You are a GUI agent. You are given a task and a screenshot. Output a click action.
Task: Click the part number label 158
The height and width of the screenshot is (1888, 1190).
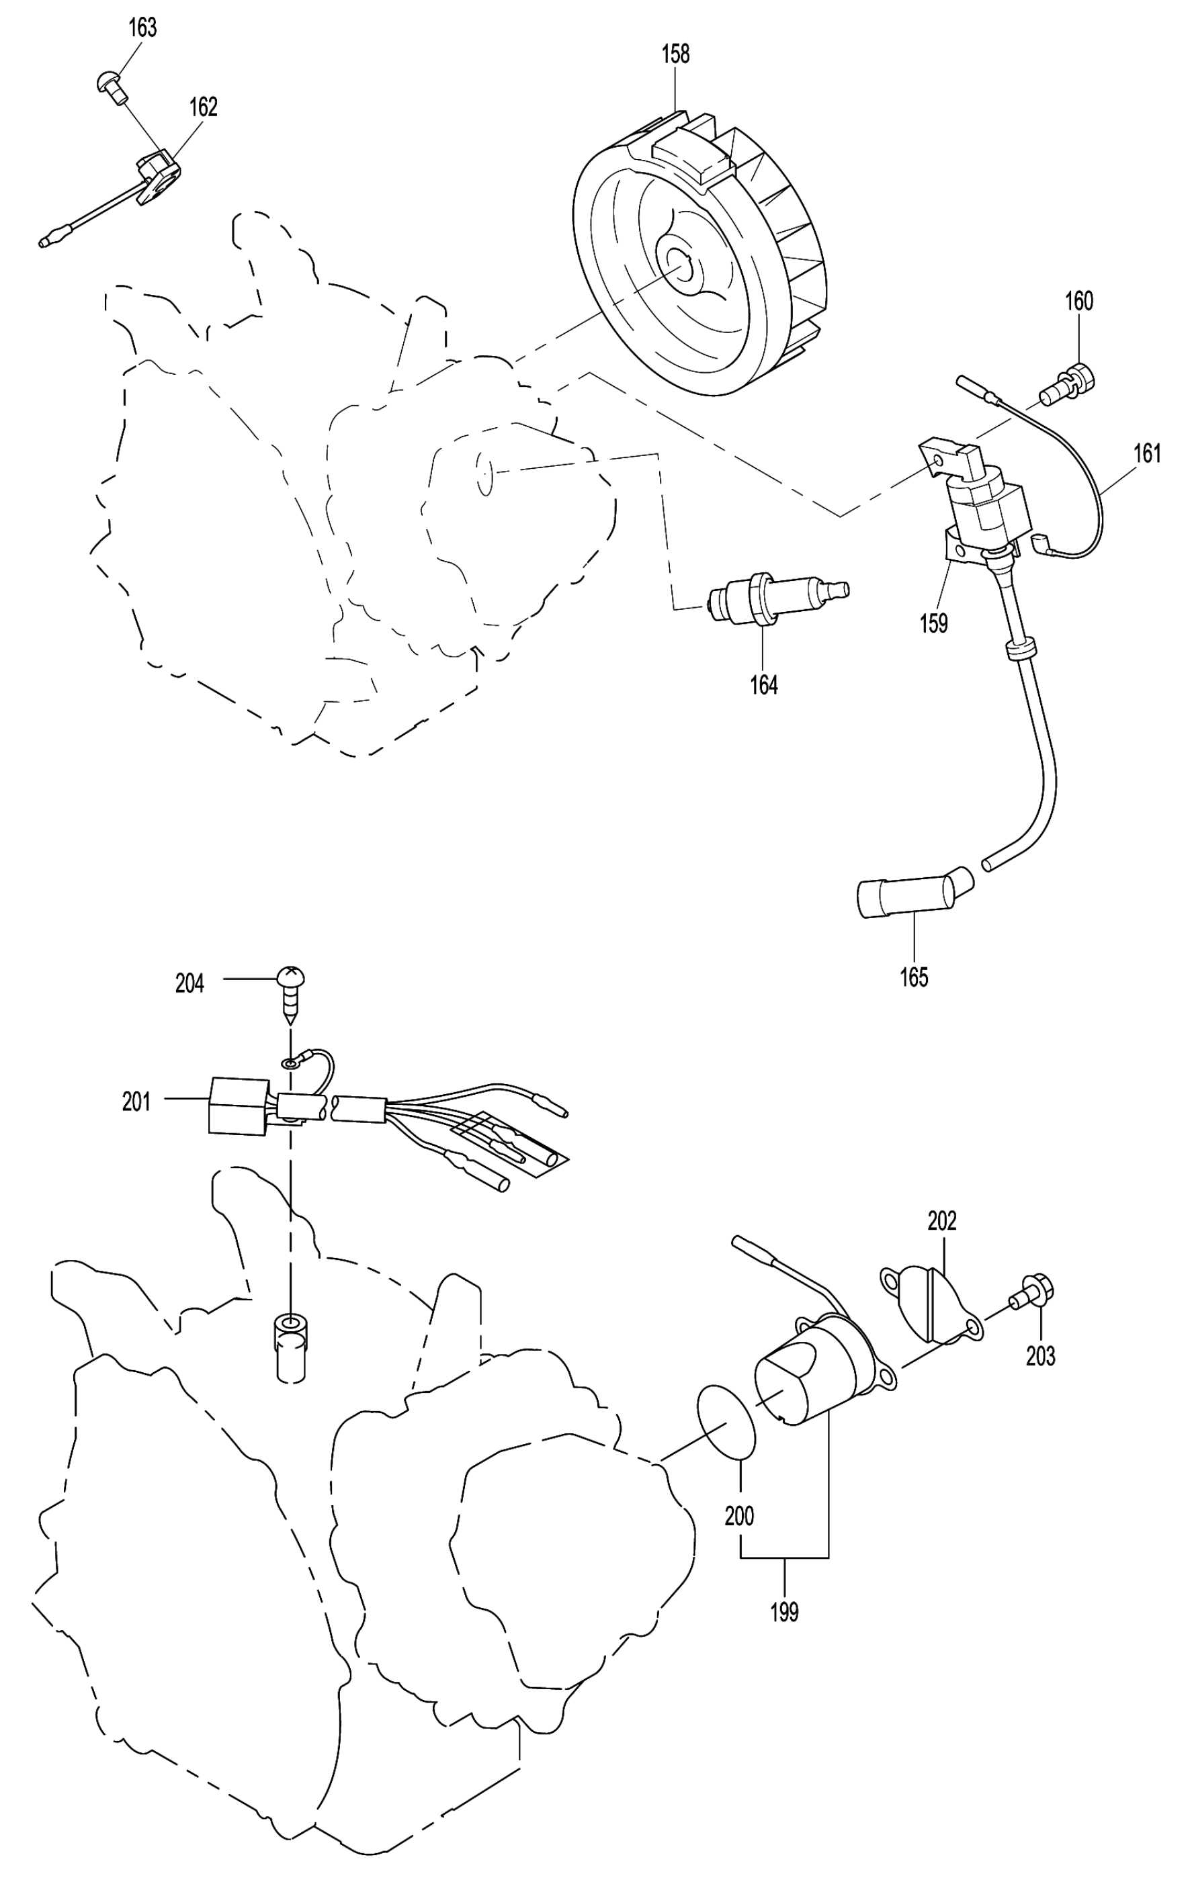click(x=675, y=54)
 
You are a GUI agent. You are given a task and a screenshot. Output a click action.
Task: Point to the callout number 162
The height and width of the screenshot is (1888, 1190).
click(x=203, y=107)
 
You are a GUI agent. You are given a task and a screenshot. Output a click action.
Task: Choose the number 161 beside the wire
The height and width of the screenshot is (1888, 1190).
click(x=1147, y=453)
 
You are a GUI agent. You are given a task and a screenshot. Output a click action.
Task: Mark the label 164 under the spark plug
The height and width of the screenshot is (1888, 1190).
click(x=763, y=684)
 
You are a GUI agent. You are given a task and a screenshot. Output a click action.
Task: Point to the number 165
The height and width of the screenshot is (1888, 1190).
click(x=914, y=977)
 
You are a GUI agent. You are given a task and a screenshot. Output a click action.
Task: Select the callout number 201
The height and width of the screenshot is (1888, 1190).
click(x=136, y=1101)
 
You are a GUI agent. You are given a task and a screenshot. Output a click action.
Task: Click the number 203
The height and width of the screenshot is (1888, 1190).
click(x=1040, y=1355)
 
